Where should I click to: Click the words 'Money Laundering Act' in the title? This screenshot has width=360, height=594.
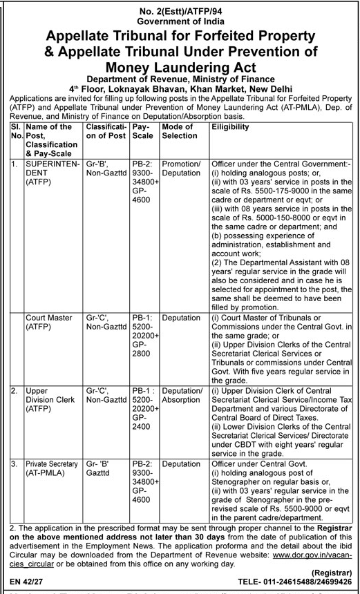[x=180, y=67]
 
